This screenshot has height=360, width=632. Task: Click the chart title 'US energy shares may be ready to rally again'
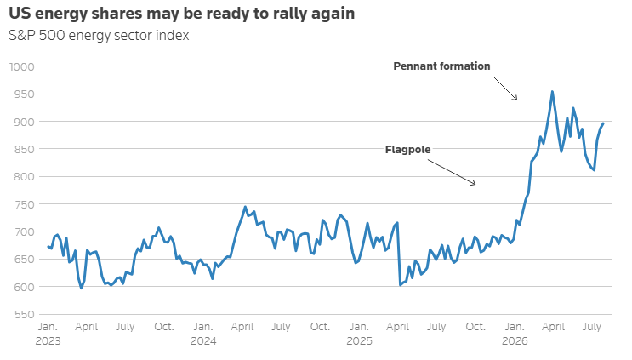(x=182, y=14)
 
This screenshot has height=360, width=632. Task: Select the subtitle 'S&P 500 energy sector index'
(x=99, y=36)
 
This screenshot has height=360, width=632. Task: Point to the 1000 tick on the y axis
(x=22, y=66)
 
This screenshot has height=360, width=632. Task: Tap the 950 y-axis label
(x=25, y=94)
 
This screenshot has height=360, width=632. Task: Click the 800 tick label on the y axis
(x=25, y=176)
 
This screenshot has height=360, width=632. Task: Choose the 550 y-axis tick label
(x=25, y=314)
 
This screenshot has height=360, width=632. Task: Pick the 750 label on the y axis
(x=25, y=204)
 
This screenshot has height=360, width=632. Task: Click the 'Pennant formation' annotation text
(x=441, y=66)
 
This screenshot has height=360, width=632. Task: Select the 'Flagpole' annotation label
(x=408, y=150)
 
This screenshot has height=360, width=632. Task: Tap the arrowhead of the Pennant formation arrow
(x=516, y=100)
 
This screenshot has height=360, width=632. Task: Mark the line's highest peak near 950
(x=552, y=92)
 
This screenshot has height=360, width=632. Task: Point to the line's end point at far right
(x=603, y=123)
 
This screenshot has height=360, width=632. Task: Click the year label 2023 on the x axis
(x=48, y=341)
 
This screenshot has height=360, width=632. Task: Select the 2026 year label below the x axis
(x=515, y=341)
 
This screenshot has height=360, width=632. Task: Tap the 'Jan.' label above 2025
(x=359, y=327)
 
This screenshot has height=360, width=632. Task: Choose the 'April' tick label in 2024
(x=242, y=327)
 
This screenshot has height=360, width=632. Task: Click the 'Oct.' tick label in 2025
(x=475, y=327)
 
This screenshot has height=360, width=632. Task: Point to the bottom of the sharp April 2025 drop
(x=401, y=285)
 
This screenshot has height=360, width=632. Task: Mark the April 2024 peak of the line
(x=245, y=207)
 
